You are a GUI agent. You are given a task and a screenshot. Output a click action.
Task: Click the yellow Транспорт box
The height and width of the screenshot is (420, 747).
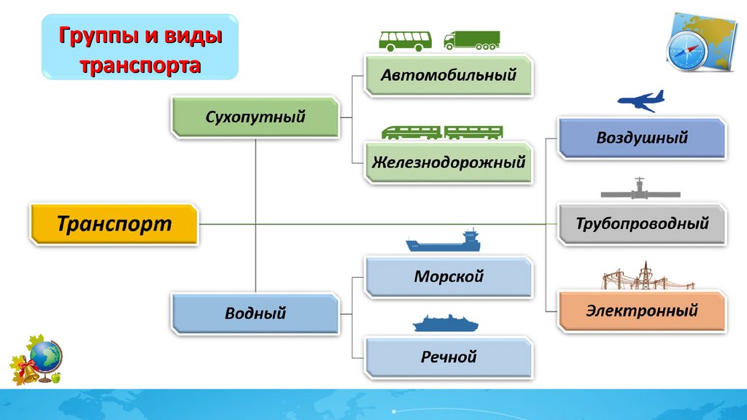(x=114, y=224)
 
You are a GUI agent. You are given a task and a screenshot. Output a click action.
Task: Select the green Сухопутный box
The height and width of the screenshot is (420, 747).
(x=255, y=117)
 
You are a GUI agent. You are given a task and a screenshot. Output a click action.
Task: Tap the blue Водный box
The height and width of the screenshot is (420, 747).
(x=255, y=314)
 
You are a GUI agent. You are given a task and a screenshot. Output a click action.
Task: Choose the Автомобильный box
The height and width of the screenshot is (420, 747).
(x=449, y=74)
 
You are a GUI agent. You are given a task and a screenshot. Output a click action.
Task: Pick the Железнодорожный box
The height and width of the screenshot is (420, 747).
(x=449, y=163)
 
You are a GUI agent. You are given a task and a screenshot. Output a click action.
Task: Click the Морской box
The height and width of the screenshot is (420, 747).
(x=449, y=277)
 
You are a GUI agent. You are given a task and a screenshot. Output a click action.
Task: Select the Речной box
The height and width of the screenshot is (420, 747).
(x=449, y=357)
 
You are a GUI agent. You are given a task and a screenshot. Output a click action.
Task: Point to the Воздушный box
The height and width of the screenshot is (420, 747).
(x=642, y=138)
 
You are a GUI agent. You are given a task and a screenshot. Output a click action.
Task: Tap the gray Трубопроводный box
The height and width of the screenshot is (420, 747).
(x=642, y=223)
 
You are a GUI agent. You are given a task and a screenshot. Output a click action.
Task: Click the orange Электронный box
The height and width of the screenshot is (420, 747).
(x=642, y=311)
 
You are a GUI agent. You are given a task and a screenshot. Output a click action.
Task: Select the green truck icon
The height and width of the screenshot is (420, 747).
(x=472, y=40)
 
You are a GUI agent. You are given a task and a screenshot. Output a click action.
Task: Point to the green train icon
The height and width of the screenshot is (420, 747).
(x=442, y=132)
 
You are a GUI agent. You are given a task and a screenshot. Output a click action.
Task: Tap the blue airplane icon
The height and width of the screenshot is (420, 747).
(x=640, y=101)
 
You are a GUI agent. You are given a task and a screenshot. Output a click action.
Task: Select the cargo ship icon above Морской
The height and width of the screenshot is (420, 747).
(x=443, y=241)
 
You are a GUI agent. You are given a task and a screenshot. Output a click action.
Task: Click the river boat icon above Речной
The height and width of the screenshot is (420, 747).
(x=443, y=322)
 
